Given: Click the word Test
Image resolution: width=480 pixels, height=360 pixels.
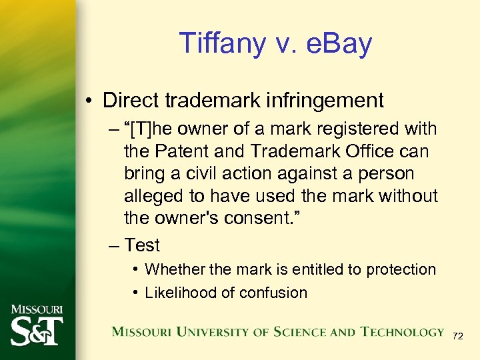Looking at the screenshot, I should click(x=142, y=245).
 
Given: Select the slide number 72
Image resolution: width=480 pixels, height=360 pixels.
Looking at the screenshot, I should click(x=457, y=337).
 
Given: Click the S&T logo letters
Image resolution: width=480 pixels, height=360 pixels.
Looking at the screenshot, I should click(x=37, y=330).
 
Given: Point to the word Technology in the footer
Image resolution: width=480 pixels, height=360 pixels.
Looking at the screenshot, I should click(x=403, y=332).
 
